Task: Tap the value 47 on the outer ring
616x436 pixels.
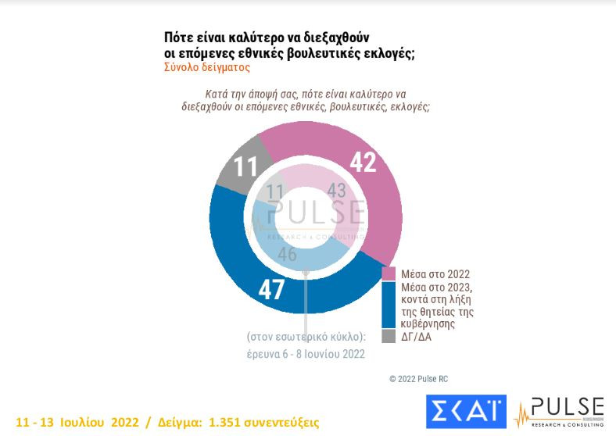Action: point(271,289)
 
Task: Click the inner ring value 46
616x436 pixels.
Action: point(287,254)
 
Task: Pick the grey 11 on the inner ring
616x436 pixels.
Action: point(275,192)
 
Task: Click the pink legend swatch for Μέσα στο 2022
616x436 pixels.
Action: point(389,274)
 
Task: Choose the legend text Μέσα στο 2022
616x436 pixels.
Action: point(435,274)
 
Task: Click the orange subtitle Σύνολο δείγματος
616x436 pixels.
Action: point(206,68)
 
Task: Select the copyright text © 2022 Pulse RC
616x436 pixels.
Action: point(419,378)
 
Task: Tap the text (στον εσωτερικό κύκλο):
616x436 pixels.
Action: point(306,337)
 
